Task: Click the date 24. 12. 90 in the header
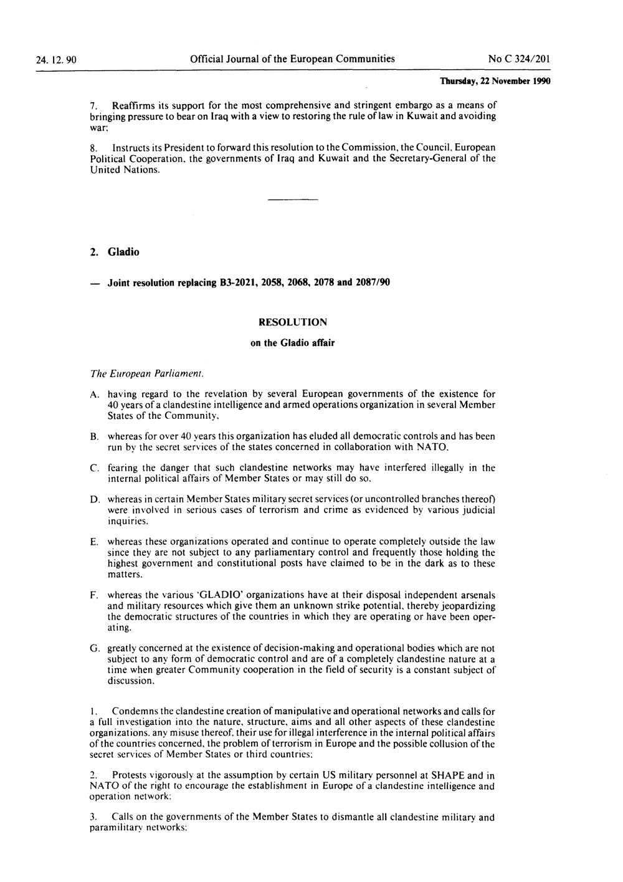click(56, 60)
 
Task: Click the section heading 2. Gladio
click(115, 252)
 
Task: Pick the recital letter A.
click(94, 395)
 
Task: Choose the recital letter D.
click(94, 500)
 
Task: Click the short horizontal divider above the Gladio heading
click(292, 199)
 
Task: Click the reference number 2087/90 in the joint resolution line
click(372, 283)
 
